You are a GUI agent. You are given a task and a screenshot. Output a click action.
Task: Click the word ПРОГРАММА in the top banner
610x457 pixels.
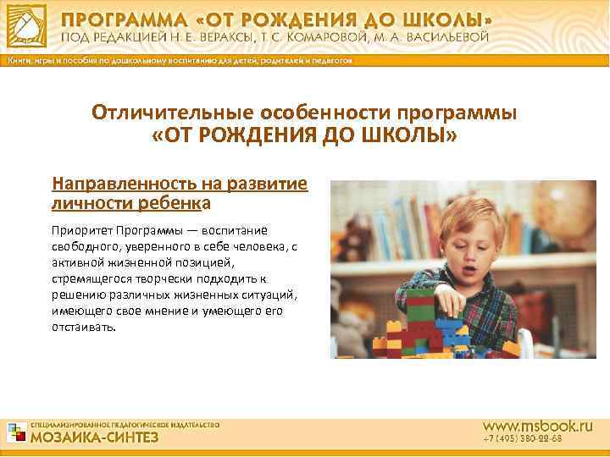pos(119,19)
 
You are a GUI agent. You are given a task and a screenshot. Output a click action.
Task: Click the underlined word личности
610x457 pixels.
pos(86,202)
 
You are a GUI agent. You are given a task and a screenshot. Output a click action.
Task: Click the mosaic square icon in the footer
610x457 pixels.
pos(17,432)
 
